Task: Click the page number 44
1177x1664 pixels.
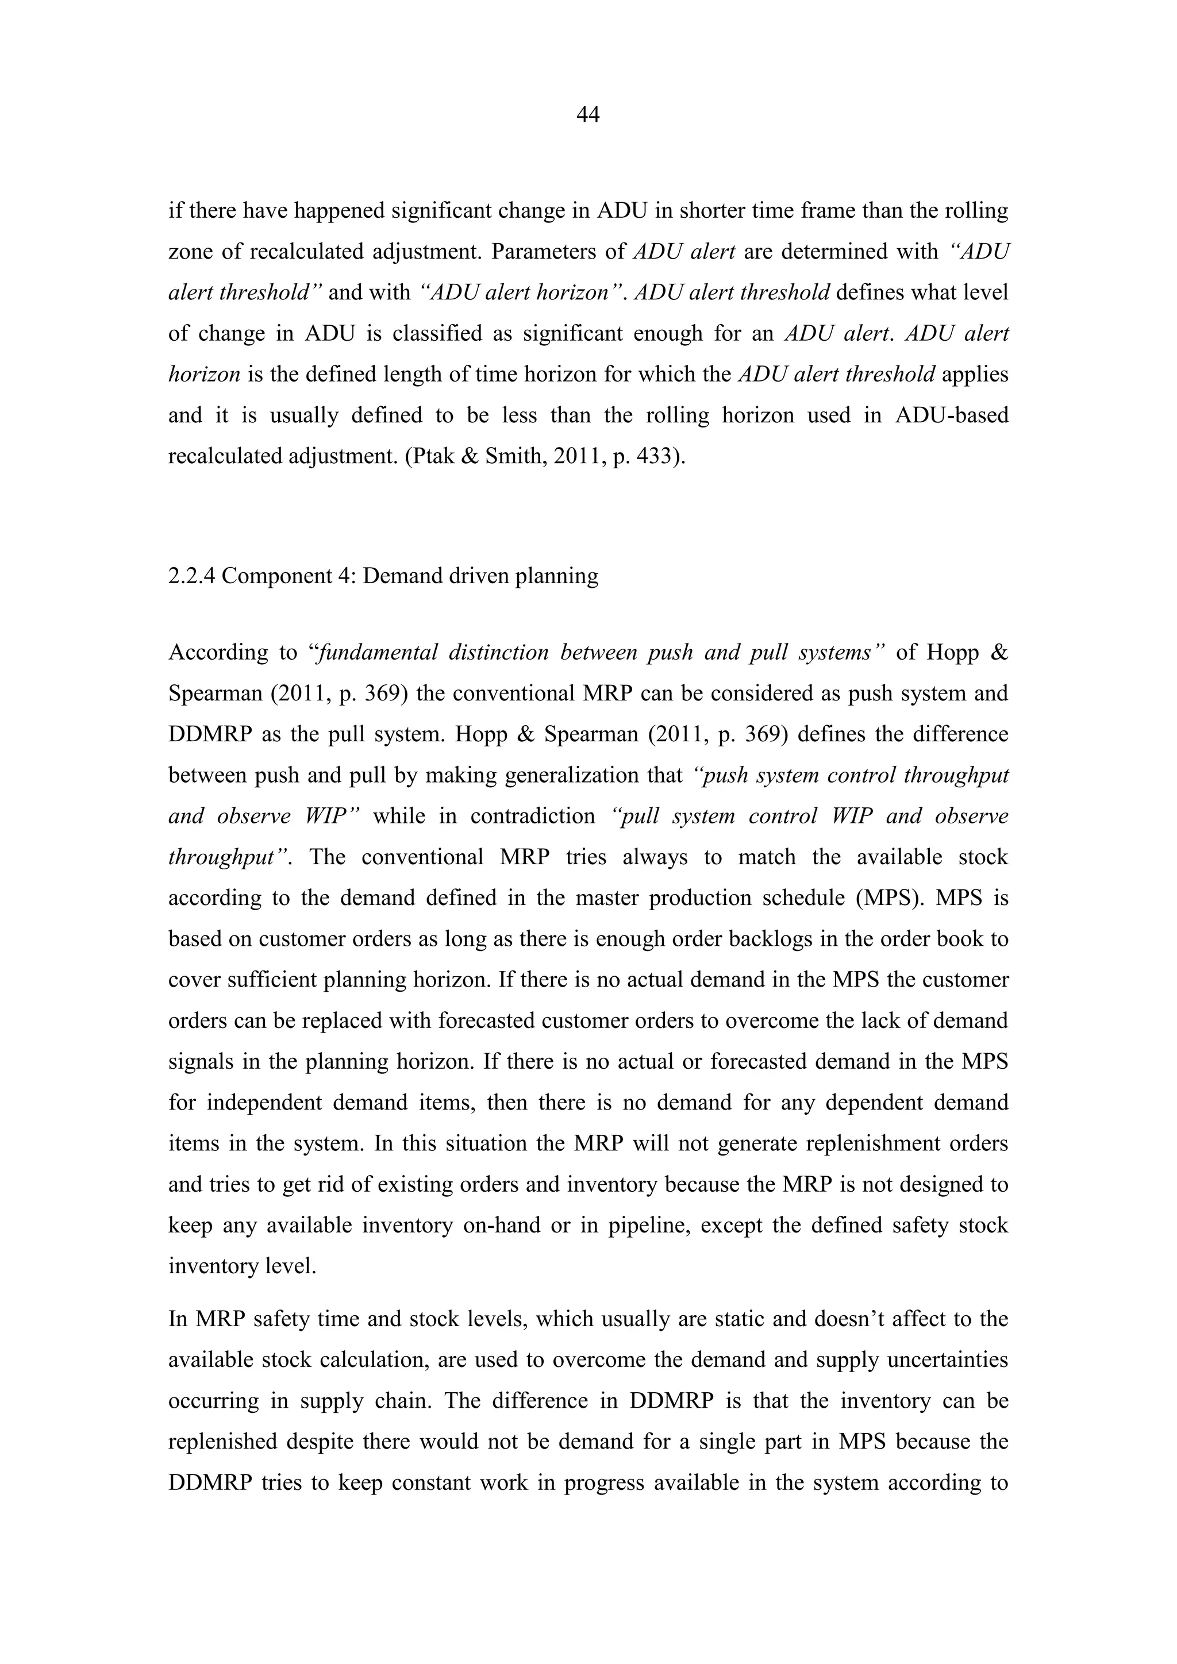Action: pyautogui.click(x=588, y=114)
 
